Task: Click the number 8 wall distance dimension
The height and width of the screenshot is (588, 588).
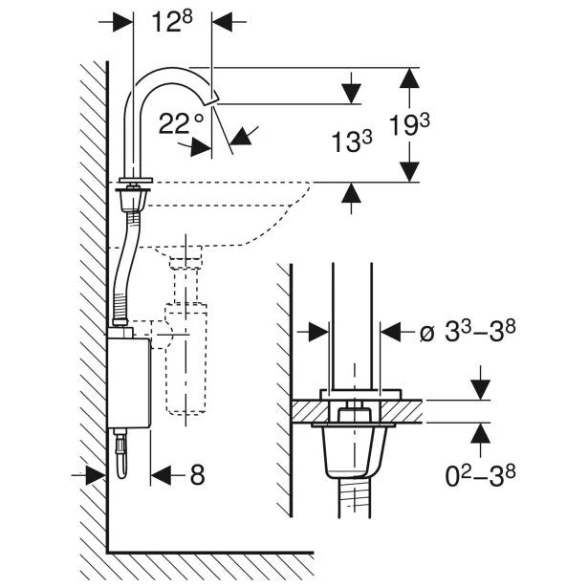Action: [x=196, y=475]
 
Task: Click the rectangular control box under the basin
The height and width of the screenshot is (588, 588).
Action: [x=127, y=381]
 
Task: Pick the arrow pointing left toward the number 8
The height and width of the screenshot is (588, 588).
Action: [x=162, y=475]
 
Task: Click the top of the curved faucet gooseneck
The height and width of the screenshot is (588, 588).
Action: [x=172, y=71]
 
